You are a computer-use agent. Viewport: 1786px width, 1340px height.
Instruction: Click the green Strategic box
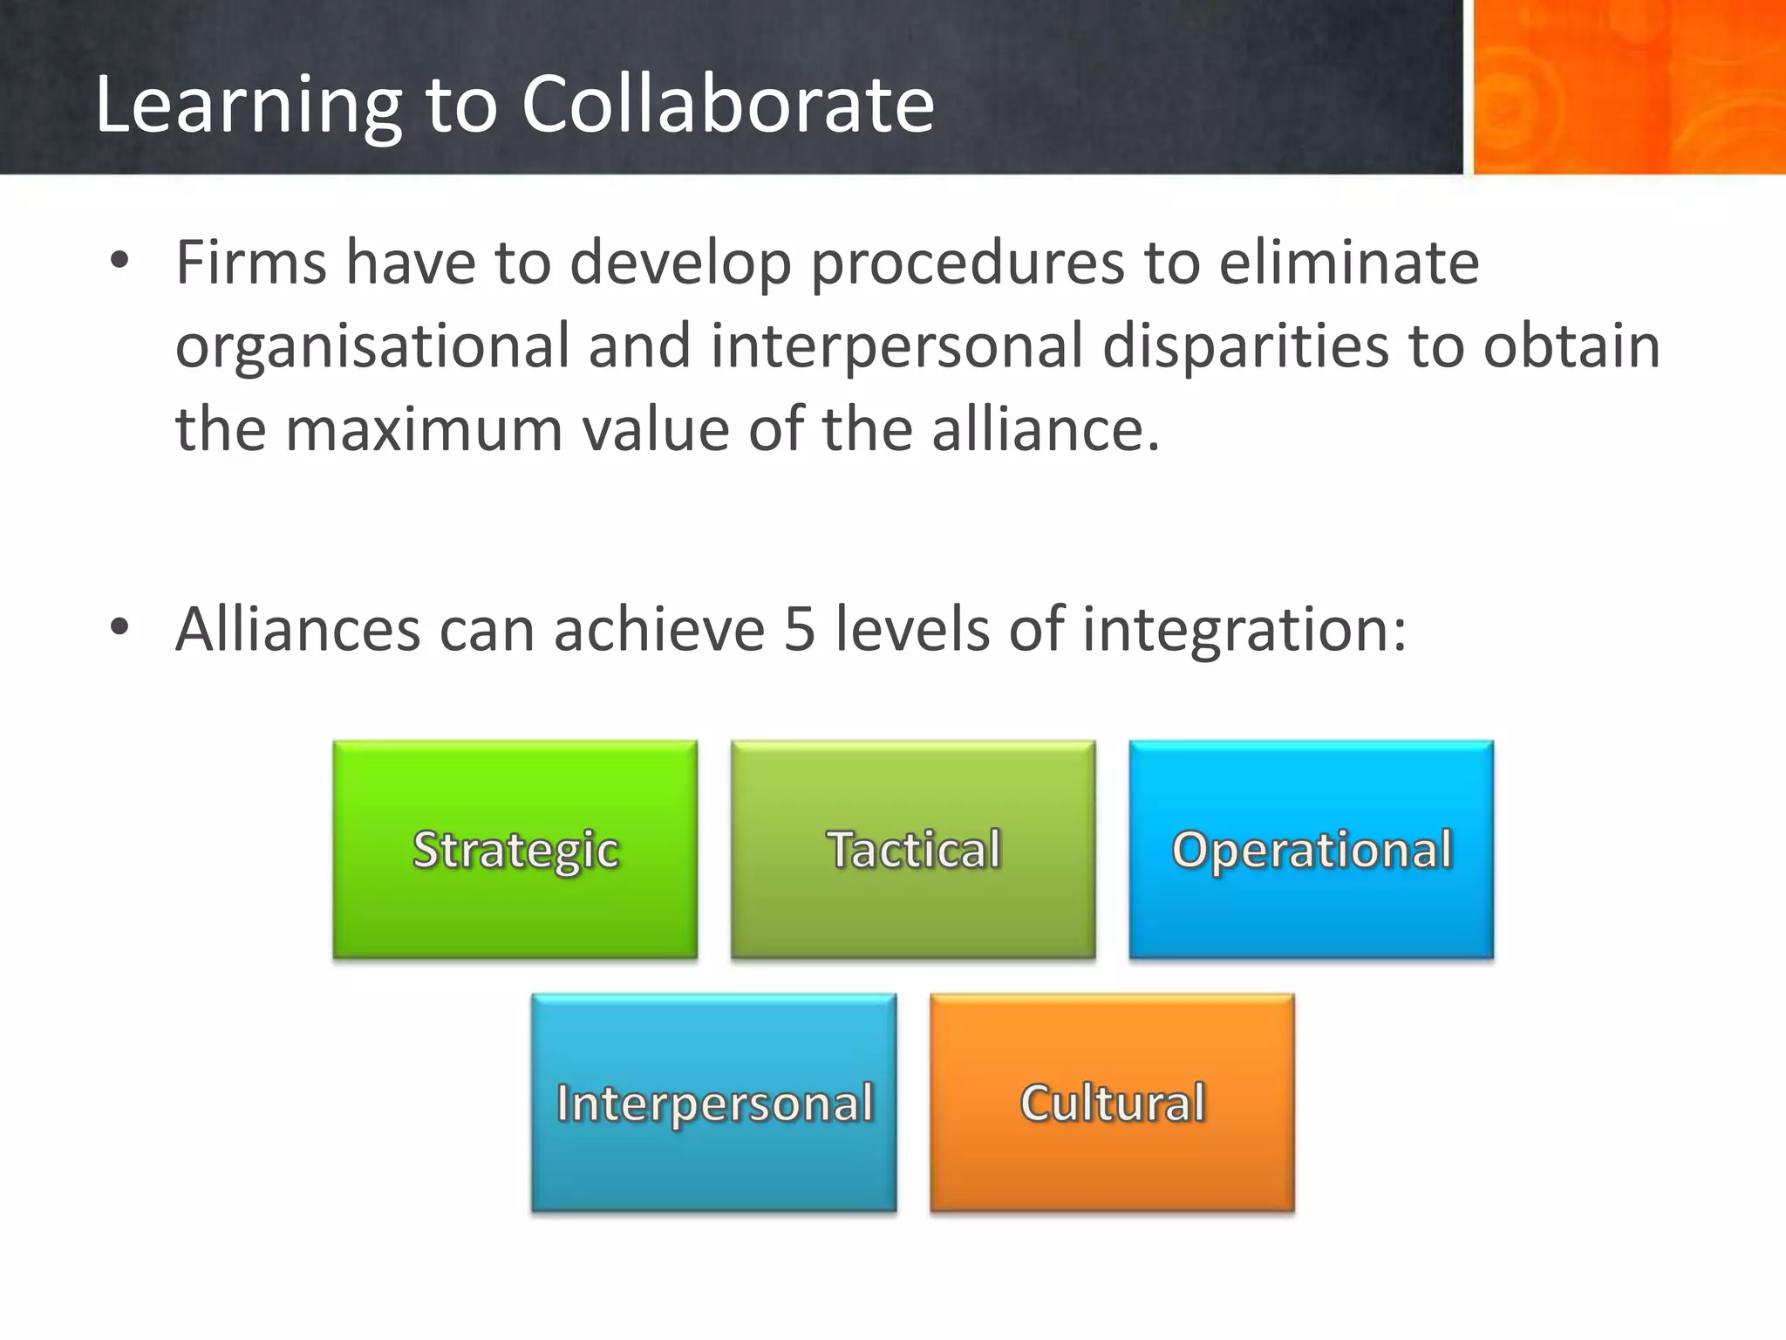[x=515, y=850]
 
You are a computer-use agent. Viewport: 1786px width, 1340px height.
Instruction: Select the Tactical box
[x=913, y=850]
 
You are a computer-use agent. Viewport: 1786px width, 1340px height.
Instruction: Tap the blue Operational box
[x=1311, y=850]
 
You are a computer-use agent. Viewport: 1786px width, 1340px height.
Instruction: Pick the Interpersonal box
[x=714, y=1103]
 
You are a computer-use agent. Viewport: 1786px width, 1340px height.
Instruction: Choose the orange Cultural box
[x=1112, y=1103]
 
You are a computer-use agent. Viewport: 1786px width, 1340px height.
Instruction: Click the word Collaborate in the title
[x=728, y=105]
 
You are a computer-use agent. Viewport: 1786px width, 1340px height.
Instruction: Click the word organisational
[x=372, y=347]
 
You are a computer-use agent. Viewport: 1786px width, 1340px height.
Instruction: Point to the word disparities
[x=1245, y=347]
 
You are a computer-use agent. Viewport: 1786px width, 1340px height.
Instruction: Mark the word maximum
[x=424, y=429]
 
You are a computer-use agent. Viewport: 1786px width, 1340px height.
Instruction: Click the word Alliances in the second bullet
[x=297, y=629]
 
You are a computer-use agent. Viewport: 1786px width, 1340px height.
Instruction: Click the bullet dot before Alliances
[x=119, y=627]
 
